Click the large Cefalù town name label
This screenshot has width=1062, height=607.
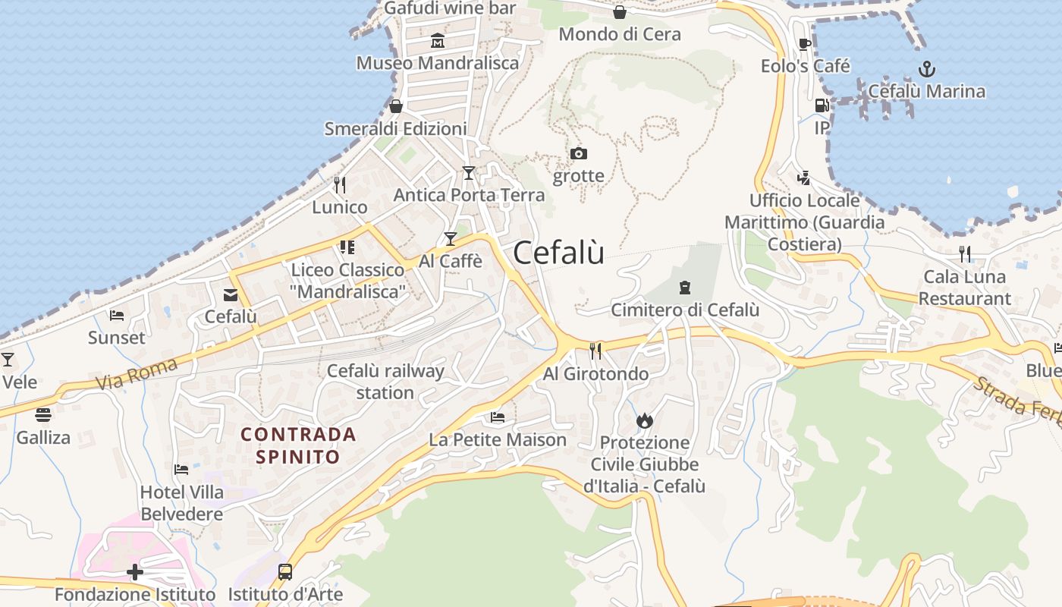[x=559, y=253]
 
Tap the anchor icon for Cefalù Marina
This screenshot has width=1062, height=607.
[x=926, y=70]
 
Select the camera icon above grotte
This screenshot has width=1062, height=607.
[x=579, y=154]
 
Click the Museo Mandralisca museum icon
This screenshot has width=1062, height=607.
[x=438, y=41]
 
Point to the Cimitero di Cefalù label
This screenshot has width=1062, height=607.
[x=685, y=310]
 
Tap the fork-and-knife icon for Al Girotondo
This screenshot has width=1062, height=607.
[x=595, y=351]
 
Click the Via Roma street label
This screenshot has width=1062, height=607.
[x=137, y=373]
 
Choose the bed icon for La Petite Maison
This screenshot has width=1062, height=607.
[x=498, y=417]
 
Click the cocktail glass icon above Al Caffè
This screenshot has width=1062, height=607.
[x=451, y=239]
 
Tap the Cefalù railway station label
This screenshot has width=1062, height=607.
[x=385, y=382]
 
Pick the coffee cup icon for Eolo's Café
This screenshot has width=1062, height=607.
[x=805, y=45]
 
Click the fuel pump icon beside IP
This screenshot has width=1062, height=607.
[x=822, y=105]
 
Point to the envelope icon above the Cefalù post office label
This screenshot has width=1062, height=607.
[x=230, y=295]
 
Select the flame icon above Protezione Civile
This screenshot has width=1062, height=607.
[x=645, y=420]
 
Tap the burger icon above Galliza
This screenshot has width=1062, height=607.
[x=43, y=415]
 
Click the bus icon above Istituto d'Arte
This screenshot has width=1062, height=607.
[x=285, y=572]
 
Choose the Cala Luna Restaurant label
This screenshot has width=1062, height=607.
[x=964, y=288]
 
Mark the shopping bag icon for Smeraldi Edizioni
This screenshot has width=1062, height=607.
[x=395, y=106]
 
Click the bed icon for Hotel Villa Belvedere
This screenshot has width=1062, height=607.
[x=181, y=470]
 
